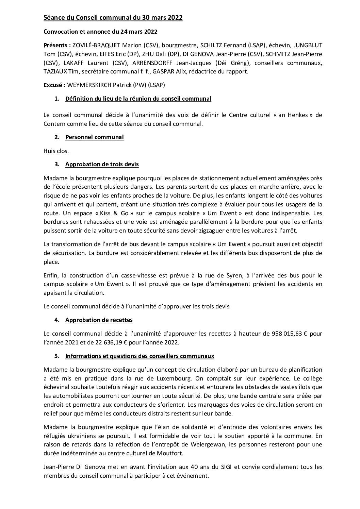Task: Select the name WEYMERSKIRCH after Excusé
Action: (x=92, y=85)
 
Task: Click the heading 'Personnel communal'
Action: (x=94, y=137)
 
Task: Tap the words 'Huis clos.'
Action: (x=56, y=151)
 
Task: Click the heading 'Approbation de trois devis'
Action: (x=102, y=164)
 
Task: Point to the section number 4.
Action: (x=56, y=320)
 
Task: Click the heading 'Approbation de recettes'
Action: (x=99, y=320)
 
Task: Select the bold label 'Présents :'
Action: (x=57, y=45)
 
